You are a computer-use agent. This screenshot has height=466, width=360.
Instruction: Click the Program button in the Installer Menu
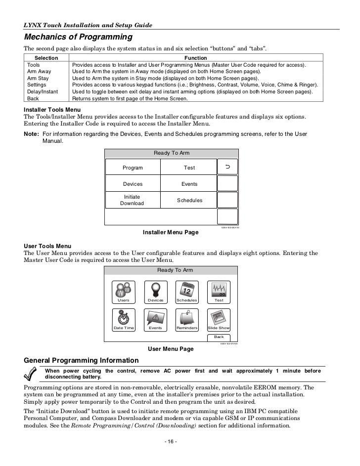point(133,168)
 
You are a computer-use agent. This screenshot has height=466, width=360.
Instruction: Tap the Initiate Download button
point(133,200)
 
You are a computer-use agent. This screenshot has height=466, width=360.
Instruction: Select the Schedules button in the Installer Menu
point(189,200)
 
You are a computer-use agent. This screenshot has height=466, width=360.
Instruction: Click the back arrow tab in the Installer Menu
point(227,168)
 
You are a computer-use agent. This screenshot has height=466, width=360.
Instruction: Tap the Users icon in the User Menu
point(123,289)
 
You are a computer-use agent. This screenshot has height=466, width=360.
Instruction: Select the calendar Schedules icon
point(187,289)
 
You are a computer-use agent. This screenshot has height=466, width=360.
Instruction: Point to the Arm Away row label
point(39,71)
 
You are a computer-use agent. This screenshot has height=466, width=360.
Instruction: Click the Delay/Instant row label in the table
point(43,92)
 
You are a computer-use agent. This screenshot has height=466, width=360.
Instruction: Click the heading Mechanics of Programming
point(78,38)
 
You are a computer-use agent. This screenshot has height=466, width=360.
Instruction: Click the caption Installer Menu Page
point(171,232)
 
